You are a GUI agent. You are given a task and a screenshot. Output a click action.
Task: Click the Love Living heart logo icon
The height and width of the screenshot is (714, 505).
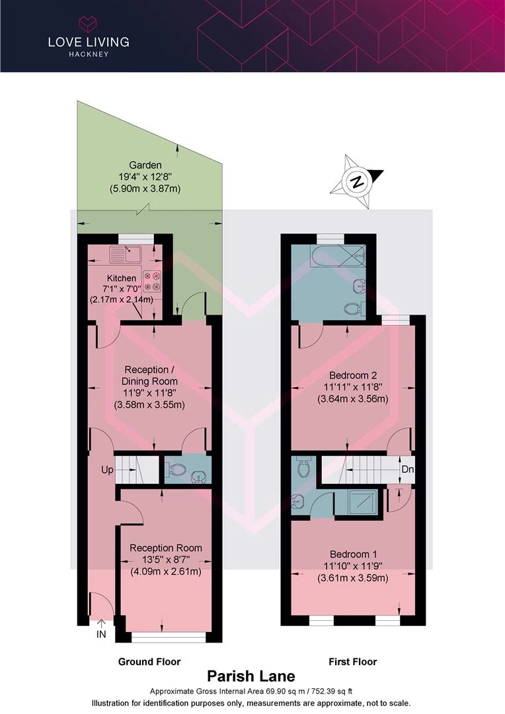(x=89, y=24)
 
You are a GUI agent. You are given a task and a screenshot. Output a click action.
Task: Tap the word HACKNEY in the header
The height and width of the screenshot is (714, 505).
(x=89, y=54)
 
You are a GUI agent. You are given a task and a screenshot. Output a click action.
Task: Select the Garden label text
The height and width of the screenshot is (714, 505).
(x=145, y=165)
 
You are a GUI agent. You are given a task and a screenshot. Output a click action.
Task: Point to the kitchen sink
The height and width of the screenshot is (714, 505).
(x=126, y=255)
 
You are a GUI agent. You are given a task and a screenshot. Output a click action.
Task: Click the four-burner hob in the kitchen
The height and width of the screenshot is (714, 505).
(x=153, y=281)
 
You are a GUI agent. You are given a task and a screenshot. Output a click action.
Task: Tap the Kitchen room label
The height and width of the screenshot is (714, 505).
(x=122, y=278)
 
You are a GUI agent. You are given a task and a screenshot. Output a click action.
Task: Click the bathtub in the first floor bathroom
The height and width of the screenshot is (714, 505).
(x=337, y=257)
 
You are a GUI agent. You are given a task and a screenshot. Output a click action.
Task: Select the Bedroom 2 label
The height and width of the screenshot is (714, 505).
(x=353, y=376)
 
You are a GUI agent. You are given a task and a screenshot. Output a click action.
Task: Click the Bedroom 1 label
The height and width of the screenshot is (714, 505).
(x=354, y=554)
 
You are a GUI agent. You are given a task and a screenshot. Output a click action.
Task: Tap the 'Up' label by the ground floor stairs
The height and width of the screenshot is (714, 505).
(x=107, y=469)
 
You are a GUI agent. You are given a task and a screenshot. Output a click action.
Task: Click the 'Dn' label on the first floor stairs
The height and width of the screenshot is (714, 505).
(x=408, y=469)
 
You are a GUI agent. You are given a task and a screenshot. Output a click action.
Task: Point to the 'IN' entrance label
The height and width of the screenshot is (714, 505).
(x=101, y=634)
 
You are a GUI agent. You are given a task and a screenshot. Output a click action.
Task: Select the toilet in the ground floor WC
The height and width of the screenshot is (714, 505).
(x=175, y=467)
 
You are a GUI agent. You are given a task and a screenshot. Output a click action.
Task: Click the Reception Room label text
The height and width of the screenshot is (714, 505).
(x=166, y=548)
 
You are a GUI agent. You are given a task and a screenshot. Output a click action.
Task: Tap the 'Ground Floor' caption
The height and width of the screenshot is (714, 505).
(x=149, y=662)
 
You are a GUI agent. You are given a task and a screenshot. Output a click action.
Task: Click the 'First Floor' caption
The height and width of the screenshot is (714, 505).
(x=353, y=662)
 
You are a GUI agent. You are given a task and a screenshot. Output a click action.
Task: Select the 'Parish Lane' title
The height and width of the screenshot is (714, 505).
(x=251, y=676)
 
